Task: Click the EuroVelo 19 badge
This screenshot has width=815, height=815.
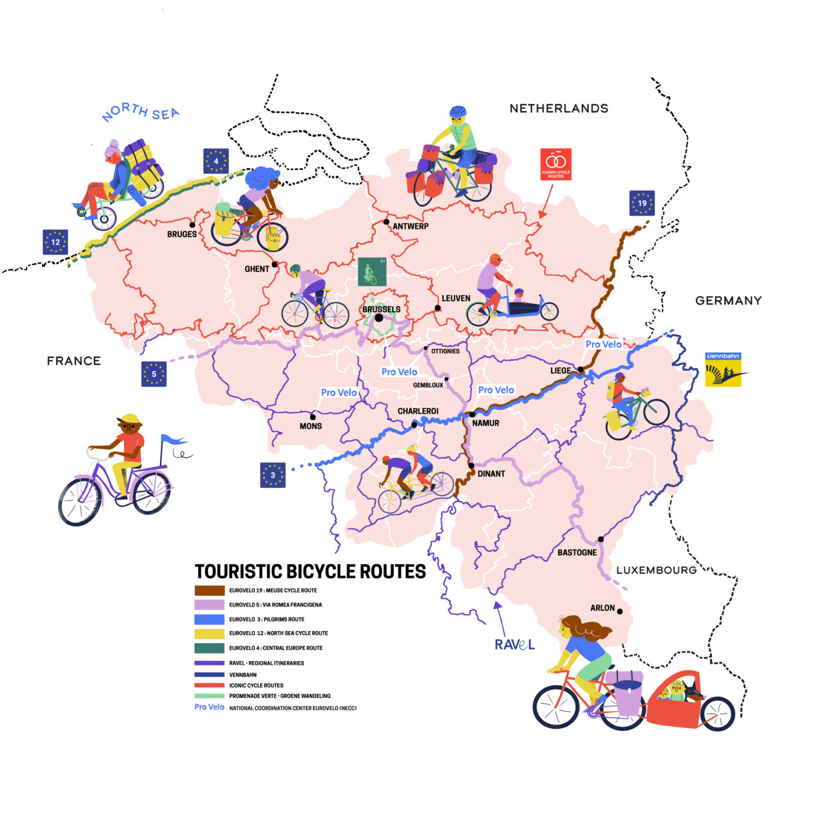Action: [x=642, y=203]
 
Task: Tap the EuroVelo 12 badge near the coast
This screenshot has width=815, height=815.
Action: [x=55, y=242]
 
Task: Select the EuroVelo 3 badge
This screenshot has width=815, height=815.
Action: [x=273, y=475]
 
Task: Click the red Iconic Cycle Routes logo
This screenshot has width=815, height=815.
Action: [x=556, y=164]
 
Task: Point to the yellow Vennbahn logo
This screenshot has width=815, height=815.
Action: [x=723, y=370]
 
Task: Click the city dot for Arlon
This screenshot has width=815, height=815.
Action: [x=620, y=611]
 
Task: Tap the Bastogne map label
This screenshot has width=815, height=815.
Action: [x=577, y=552]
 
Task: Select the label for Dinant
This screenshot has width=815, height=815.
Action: [x=491, y=474]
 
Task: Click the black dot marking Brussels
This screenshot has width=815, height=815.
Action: [x=379, y=318]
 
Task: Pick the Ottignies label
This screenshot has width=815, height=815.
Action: [x=445, y=351]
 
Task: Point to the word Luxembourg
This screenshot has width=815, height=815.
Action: [x=656, y=570]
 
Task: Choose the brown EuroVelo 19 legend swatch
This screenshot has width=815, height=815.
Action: [x=209, y=590]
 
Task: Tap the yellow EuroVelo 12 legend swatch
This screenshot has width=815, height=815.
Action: [x=209, y=633]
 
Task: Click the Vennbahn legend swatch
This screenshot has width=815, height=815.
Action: [x=209, y=675]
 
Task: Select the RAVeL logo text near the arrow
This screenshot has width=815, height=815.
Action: [x=514, y=645]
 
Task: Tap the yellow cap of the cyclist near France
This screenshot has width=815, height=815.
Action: [x=130, y=419]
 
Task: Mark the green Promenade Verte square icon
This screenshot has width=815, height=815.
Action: [x=372, y=272]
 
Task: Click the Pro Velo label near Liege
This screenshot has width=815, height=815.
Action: [x=603, y=344]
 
